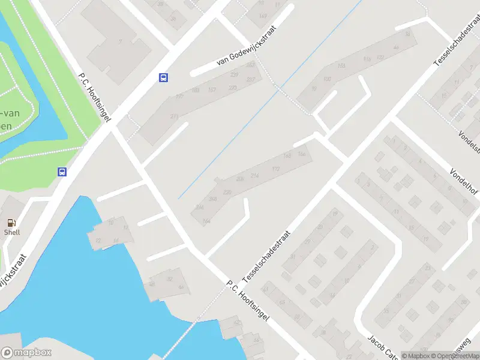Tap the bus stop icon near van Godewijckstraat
click(x=163, y=77)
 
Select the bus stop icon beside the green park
click(x=62, y=172)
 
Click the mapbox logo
click(x=26, y=353)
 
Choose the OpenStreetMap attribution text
click(x=454, y=356)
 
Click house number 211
click(x=175, y=116)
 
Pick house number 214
click(x=254, y=175)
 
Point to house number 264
click(x=206, y=222)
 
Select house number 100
click(x=327, y=79)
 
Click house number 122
click(x=380, y=58)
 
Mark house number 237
click(x=234, y=74)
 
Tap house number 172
click(x=276, y=169)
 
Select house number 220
click(x=227, y=192)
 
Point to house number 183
click(x=342, y=66)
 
